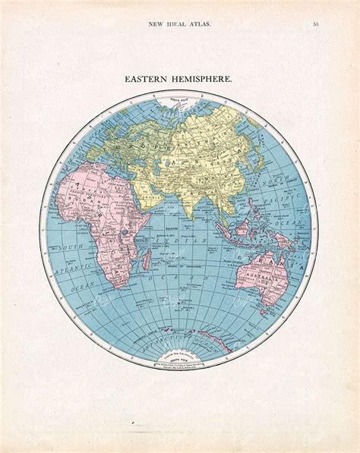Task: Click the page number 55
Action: pyautogui.click(x=314, y=24)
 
